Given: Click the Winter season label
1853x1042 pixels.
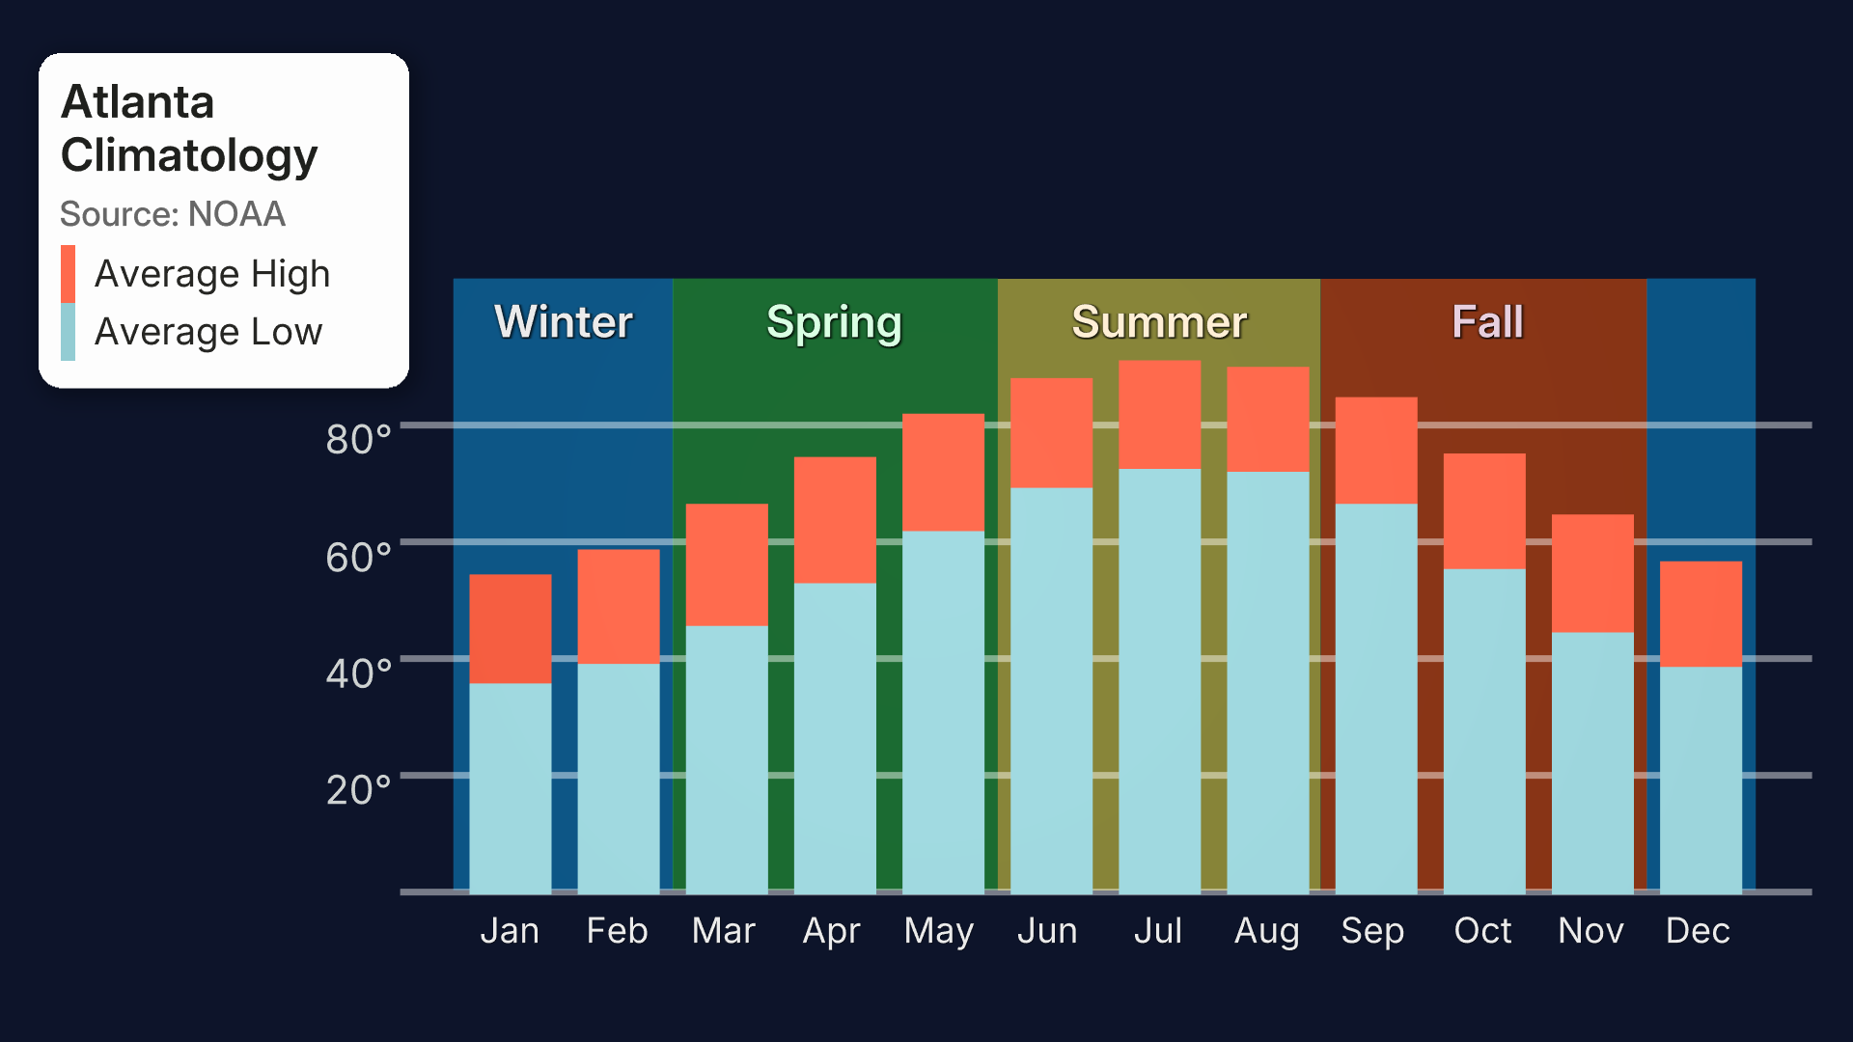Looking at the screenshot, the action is coord(564,321).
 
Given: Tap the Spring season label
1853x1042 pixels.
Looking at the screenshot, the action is coord(834,323).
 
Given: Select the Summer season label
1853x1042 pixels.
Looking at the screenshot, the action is coord(1159,321).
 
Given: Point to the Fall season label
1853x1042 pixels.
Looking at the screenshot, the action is coord(1487,321).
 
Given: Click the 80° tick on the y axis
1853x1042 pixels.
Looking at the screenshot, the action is coord(358,439).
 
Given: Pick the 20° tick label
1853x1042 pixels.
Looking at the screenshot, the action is coord(358,789).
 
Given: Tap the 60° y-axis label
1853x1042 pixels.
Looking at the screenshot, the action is coord(358,557).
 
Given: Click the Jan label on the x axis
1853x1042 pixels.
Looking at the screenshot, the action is coord(510,930).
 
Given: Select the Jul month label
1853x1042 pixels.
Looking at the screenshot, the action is coord(1157,930).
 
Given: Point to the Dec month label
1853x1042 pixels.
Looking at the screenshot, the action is coord(1698,930).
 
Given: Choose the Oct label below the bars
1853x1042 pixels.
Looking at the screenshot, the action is coord(1482,930).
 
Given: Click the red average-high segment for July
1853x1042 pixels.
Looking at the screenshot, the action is coord(1160,415).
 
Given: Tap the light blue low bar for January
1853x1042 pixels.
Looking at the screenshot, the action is coord(511,788).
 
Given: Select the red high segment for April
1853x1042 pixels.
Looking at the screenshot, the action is coord(836,520).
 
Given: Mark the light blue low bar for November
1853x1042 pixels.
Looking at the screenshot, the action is coord(1592,763).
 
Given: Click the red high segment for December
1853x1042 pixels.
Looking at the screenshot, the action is coord(1701,615).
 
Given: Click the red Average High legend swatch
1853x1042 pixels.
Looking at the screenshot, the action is coord(68,274).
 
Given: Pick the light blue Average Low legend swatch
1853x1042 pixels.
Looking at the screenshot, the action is coord(68,332).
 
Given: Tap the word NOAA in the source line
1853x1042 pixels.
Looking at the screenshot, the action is coord(236,214).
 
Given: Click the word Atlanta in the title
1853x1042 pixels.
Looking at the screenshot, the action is coord(137,102).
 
